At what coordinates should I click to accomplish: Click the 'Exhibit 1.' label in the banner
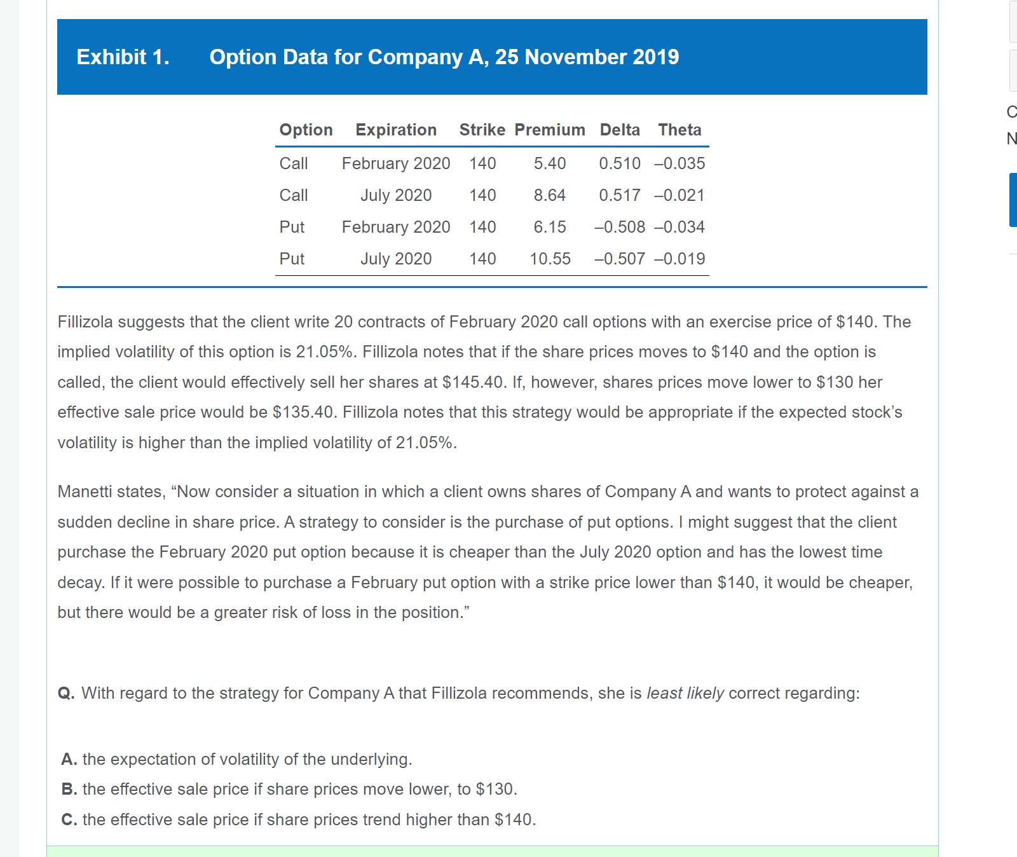(123, 57)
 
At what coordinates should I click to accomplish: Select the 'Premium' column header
(550, 130)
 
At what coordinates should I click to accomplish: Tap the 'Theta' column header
(679, 130)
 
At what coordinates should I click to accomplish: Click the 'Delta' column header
(620, 130)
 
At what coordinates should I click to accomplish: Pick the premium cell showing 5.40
(550, 163)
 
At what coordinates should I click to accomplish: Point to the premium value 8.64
(550, 195)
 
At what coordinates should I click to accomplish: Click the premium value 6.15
(550, 227)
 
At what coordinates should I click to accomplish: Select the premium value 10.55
(550, 259)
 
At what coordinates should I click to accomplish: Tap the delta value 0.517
(620, 195)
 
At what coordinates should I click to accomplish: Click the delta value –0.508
(620, 227)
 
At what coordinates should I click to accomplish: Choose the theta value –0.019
(679, 259)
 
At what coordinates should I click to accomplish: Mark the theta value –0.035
(679, 163)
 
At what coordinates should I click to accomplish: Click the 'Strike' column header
(482, 130)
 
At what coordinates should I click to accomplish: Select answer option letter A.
(69, 759)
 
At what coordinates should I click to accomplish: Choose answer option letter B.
(69, 789)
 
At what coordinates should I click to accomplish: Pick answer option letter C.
(69, 819)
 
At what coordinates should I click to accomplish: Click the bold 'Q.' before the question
(66, 693)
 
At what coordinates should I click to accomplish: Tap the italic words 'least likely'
(685, 693)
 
